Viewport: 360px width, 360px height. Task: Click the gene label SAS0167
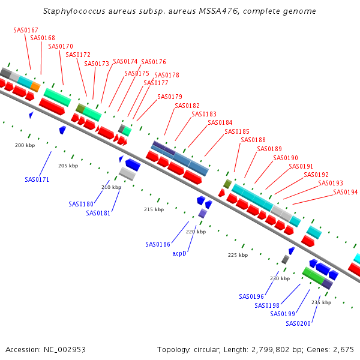26,30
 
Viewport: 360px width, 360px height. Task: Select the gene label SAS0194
345,192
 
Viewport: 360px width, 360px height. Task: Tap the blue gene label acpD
180,254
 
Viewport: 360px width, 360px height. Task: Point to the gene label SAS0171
37,179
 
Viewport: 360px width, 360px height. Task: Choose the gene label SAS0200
298,323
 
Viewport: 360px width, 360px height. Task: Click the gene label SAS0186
158,244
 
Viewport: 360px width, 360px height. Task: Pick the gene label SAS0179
170,97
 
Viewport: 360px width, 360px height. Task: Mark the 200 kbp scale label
25,145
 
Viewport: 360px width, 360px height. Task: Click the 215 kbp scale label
154,209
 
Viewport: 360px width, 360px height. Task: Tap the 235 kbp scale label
322,302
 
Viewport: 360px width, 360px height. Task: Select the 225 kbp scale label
238,255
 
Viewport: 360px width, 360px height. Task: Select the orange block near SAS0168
35,87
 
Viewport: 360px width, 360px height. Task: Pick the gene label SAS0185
237,131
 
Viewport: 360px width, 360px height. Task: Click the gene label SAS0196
251,296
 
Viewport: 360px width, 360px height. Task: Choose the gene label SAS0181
98,213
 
